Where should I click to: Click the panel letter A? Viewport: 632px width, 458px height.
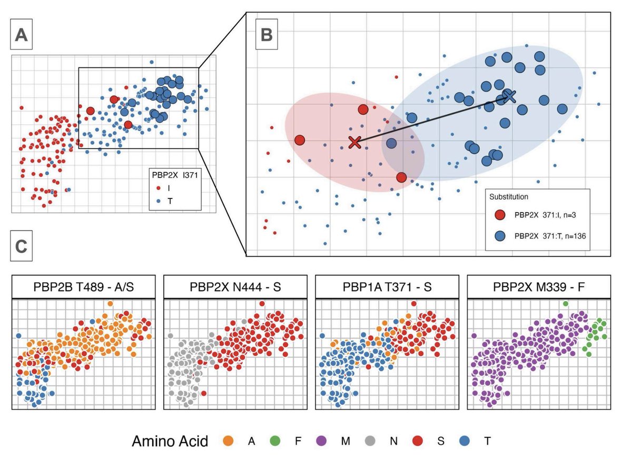coord(22,35)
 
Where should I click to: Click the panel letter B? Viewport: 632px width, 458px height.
coord(267,35)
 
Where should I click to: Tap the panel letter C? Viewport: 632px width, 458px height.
coord(22,247)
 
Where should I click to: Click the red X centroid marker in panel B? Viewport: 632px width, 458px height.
coord(354,142)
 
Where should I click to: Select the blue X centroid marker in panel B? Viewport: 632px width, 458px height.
coord(509,95)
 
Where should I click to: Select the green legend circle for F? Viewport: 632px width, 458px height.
coord(278,441)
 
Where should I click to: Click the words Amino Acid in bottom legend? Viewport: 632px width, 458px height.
coord(171,441)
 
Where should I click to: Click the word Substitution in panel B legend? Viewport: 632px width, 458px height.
coord(509,196)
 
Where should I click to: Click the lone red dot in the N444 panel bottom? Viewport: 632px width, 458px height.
coord(203,393)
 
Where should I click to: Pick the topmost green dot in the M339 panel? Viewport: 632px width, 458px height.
coord(565,304)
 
